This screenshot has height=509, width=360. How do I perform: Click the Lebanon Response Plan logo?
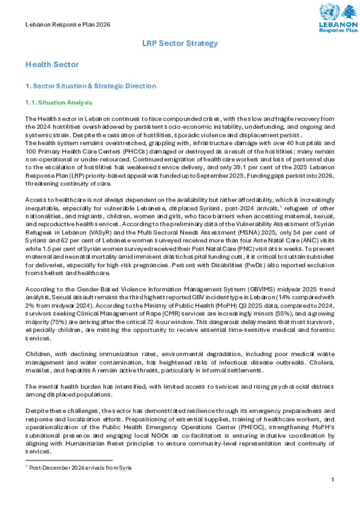pos(338,19)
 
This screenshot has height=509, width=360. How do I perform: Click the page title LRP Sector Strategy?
pos(180,43)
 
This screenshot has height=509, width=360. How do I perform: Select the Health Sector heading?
pos(52,64)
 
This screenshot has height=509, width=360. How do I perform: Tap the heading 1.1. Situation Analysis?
pos(59,103)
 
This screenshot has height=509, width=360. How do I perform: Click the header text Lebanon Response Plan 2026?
pos(68,25)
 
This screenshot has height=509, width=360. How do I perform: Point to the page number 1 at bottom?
pos(333,480)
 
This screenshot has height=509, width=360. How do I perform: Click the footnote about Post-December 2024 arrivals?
pos(80,468)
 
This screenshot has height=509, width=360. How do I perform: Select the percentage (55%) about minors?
pos(283,314)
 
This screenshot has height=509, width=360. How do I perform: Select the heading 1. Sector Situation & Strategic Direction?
pos(91,86)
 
